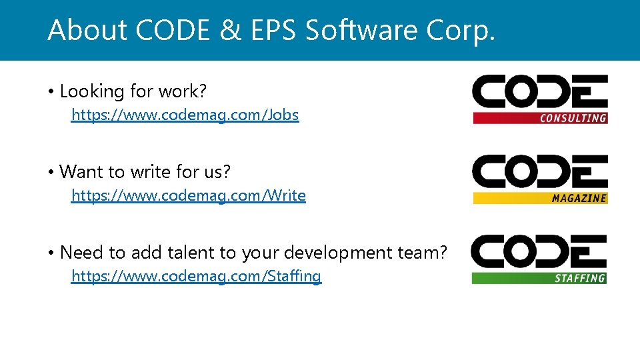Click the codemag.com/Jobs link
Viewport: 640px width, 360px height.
pyautogui.click(x=185, y=115)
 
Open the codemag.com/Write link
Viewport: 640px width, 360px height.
pyautogui.click(x=188, y=195)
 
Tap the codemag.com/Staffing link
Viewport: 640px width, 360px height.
pyautogui.click(x=196, y=276)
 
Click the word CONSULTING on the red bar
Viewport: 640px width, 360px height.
pyautogui.click(x=573, y=118)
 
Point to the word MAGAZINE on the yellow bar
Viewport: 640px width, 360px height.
pyautogui.click(x=579, y=198)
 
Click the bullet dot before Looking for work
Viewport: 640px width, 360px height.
pyautogui.click(x=51, y=91)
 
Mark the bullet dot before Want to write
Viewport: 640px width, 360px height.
pyautogui.click(x=51, y=172)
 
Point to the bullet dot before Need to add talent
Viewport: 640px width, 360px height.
pyautogui.click(x=51, y=253)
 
